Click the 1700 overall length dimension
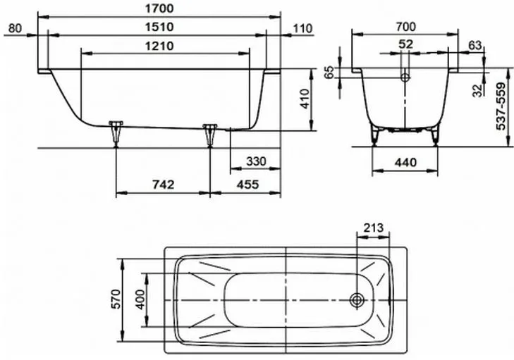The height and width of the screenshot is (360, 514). click(159, 8)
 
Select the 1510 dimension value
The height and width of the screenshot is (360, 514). click(159, 27)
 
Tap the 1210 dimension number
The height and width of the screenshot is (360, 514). click(159, 46)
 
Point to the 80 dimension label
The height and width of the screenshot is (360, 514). click(15, 28)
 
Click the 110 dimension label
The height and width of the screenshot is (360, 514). click(302, 28)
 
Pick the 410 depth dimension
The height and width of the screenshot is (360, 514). click(305, 99)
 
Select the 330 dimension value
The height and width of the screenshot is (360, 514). click(257, 161)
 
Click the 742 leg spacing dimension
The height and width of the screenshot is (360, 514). click(164, 185)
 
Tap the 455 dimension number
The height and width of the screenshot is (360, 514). click(247, 185)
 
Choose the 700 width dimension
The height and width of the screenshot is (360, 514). click(405, 27)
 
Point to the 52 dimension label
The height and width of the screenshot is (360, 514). click(406, 44)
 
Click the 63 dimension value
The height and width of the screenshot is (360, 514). click(475, 45)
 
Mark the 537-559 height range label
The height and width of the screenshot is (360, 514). click(501, 106)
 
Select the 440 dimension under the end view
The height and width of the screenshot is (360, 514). click(406, 162)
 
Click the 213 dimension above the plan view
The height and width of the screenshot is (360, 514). click(374, 228)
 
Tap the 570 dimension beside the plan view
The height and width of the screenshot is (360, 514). click(116, 299)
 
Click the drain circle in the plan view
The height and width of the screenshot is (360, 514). click(357, 299)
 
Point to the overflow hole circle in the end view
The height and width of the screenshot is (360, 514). click(405, 77)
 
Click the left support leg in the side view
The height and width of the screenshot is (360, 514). click(116, 134)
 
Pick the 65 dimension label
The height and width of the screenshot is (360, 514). click(329, 73)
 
